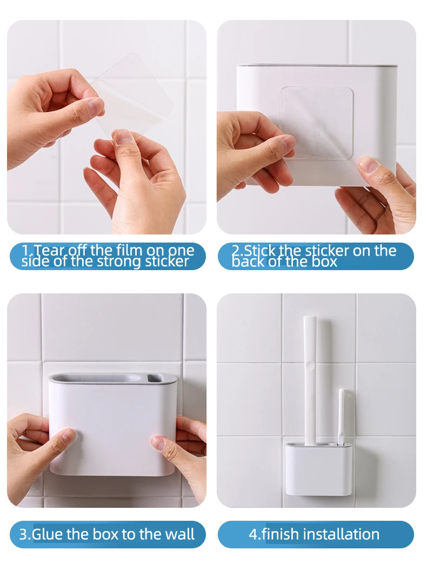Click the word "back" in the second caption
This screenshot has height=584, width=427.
248,262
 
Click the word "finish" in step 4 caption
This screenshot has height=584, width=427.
280,534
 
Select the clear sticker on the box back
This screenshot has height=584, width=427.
316,122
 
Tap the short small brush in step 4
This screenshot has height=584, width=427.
342,416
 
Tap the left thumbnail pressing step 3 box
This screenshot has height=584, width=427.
68,435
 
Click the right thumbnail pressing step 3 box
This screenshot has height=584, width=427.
157,442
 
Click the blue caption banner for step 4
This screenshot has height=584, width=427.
316,534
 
